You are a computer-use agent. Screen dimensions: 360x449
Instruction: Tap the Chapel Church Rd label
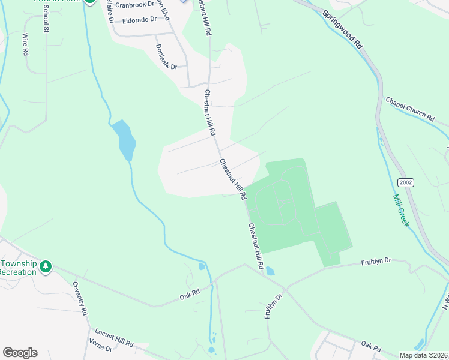point(409,110)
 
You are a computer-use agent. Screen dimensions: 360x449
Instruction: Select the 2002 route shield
point(405,182)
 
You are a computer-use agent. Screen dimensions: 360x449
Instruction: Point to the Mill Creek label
point(401,210)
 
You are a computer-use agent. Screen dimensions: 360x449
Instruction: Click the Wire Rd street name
point(26,44)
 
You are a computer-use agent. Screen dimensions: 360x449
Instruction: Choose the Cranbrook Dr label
point(134,5)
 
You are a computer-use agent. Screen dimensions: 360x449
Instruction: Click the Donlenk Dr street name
point(166,56)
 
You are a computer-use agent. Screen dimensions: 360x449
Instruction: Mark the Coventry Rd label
point(80,298)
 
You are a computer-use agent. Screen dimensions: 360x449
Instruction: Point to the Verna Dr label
point(101,349)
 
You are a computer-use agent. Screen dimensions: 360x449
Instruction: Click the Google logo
point(20,352)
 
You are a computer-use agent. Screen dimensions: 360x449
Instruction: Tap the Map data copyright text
point(424,355)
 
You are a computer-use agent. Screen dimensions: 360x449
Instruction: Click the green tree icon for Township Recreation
point(46,266)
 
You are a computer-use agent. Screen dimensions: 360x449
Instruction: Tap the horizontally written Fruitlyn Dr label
point(376,262)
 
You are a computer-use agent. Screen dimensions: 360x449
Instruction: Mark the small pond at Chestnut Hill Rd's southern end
point(270,271)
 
